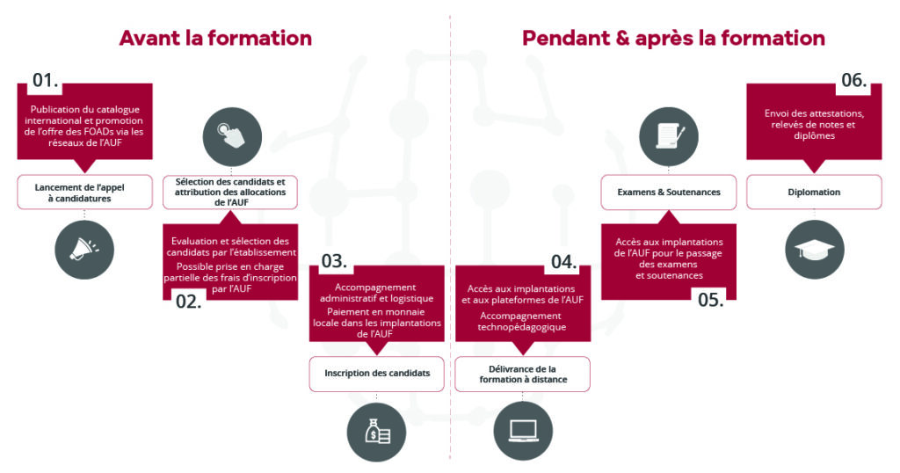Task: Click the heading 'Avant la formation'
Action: click(x=215, y=38)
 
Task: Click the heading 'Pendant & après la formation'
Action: click(x=673, y=38)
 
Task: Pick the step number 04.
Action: click(x=563, y=262)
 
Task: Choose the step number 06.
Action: click(x=853, y=81)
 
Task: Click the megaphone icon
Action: click(x=84, y=249)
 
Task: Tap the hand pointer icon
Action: click(x=231, y=135)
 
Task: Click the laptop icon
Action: click(x=523, y=431)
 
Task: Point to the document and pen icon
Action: click(x=669, y=135)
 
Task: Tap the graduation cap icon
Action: click(x=814, y=249)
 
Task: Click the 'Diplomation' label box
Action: click(x=814, y=192)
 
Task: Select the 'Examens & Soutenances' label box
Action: click(x=668, y=192)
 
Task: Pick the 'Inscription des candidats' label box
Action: click(x=377, y=373)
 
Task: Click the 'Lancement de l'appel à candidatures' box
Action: click(x=84, y=192)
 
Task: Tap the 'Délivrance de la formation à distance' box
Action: click(x=523, y=373)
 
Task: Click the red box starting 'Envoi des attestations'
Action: click(x=814, y=123)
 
